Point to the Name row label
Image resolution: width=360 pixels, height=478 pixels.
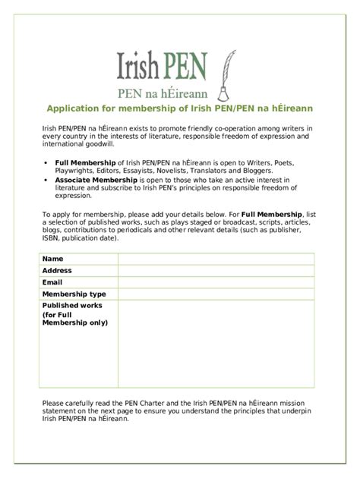[52, 259]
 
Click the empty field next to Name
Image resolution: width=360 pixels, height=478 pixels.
[215, 259]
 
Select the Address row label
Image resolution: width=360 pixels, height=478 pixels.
[57, 270]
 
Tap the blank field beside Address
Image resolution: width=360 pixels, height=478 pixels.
[215, 270]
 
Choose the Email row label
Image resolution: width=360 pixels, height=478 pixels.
[52, 281]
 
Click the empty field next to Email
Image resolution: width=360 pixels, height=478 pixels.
[215, 281]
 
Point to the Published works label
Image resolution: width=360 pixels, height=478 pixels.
[71, 305]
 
